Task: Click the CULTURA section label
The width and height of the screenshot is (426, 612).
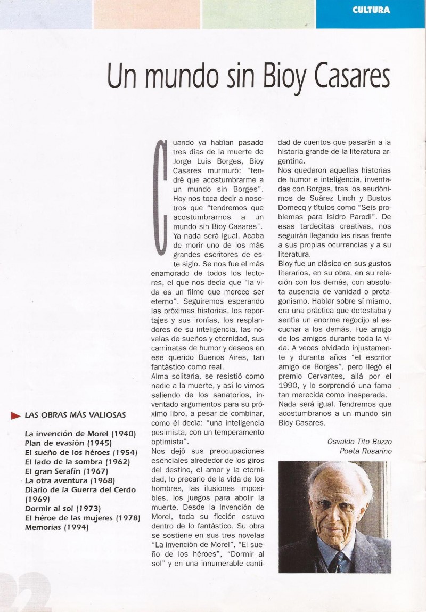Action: (x=371, y=10)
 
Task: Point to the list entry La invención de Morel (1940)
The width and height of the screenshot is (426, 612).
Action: (x=80, y=433)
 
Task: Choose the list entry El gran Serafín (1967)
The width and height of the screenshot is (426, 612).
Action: (x=67, y=471)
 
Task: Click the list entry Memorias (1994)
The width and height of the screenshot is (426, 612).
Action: (x=56, y=527)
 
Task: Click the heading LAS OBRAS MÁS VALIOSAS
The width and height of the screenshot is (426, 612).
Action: (x=75, y=415)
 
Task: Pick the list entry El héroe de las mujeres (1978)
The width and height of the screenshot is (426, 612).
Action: (x=83, y=518)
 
